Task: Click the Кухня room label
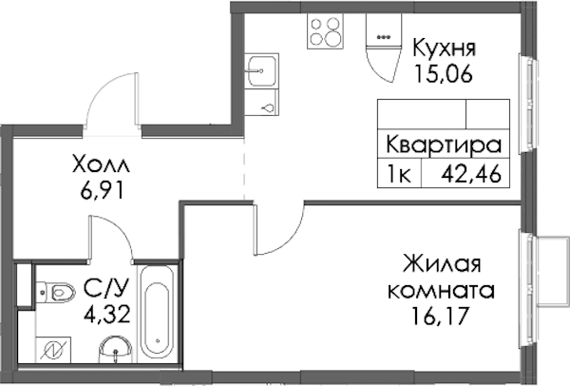(444, 48)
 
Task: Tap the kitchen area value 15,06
(444, 74)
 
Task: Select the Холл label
(101, 164)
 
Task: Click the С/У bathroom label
(105, 288)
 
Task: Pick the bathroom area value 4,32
(106, 315)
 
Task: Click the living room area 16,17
(439, 317)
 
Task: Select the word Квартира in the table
(444, 145)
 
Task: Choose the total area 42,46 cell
(471, 174)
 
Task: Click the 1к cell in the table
(400, 174)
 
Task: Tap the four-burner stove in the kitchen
(325, 31)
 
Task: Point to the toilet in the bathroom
(56, 292)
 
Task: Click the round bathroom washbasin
(115, 349)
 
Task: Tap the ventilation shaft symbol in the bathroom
(53, 350)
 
